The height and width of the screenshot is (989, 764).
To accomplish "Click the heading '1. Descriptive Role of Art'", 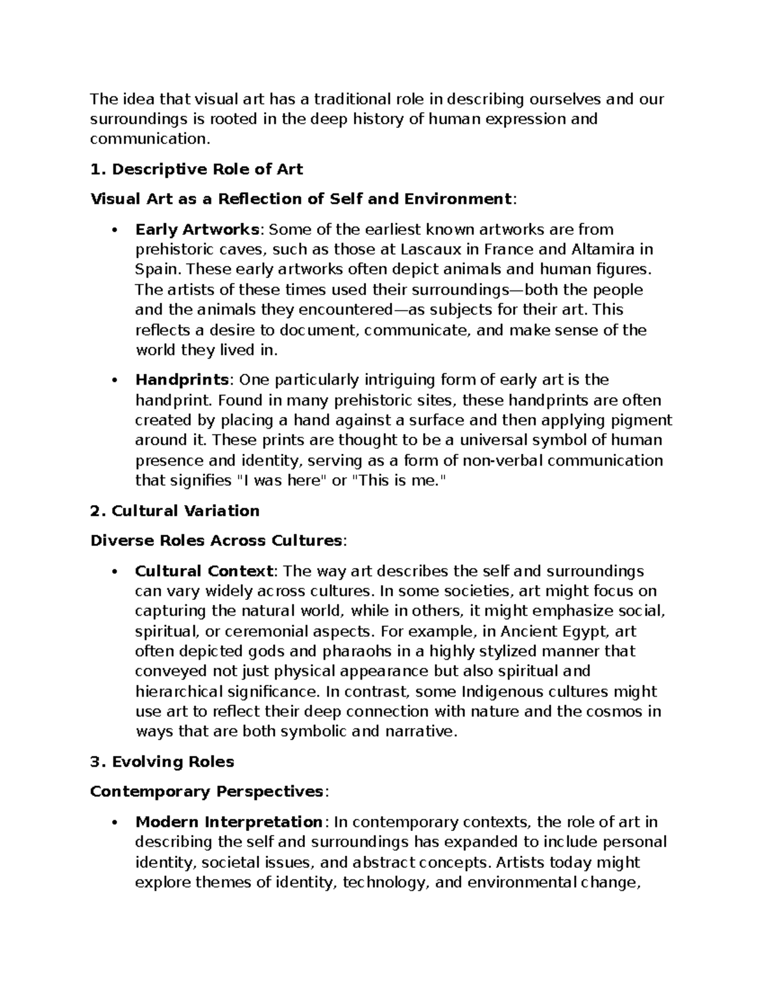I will point(196,169).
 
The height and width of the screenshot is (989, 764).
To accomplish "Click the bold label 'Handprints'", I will point(182,380).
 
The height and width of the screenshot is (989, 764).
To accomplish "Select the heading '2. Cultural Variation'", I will point(175,511).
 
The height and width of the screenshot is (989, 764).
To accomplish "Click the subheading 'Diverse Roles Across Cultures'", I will point(216,541).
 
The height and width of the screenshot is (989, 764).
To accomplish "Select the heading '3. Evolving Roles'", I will point(162,762).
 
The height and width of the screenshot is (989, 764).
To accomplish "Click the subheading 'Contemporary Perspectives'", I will point(208,792).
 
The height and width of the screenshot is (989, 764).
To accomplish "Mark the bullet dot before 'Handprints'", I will point(114,381).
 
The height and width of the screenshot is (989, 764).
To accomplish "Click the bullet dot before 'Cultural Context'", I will point(114,571).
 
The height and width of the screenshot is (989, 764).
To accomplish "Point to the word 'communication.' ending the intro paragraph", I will point(149,139).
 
